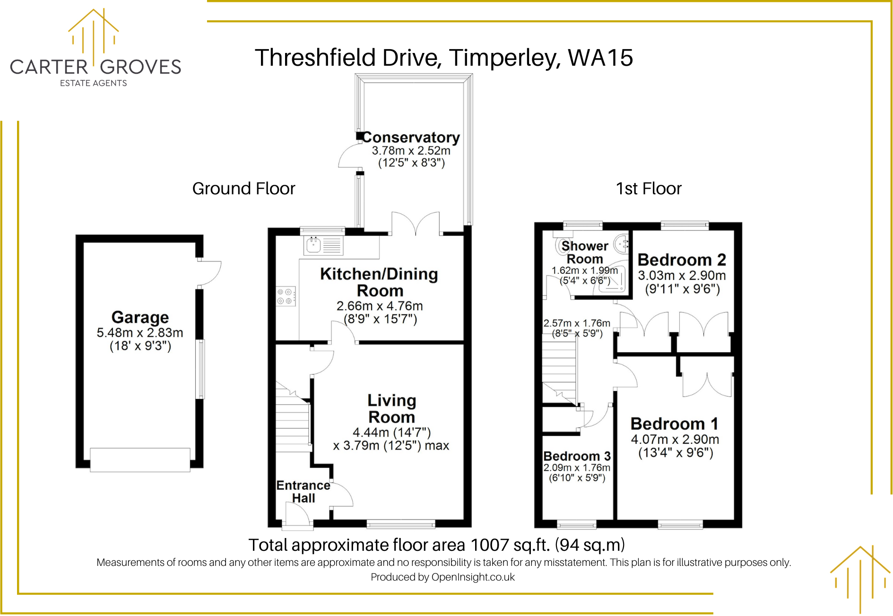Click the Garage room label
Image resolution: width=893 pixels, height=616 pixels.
(140, 317)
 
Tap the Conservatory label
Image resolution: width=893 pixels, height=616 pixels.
(411, 138)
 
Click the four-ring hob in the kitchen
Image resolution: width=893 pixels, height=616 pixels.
(286, 296)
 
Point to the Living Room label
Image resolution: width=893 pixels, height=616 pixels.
(391, 409)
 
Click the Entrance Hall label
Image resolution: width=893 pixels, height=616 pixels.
(303, 492)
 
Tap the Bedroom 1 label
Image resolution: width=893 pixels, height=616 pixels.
(674, 424)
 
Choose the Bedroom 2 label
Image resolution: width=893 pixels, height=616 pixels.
(681, 260)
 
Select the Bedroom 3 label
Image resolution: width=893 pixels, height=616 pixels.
(577, 456)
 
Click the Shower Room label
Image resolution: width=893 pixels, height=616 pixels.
(585, 252)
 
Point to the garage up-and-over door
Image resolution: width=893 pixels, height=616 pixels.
(140, 460)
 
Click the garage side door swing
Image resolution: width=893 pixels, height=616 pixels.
(209, 273)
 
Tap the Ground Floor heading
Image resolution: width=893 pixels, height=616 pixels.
(243, 189)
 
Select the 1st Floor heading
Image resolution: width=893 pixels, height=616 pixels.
(649, 189)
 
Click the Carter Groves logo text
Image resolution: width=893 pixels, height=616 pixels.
(95, 67)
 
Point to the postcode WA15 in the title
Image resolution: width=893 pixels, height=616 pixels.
(600, 58)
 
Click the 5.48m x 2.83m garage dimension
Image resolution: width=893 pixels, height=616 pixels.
(140, 333)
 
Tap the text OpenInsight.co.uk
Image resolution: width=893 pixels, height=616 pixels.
(473, 577)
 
